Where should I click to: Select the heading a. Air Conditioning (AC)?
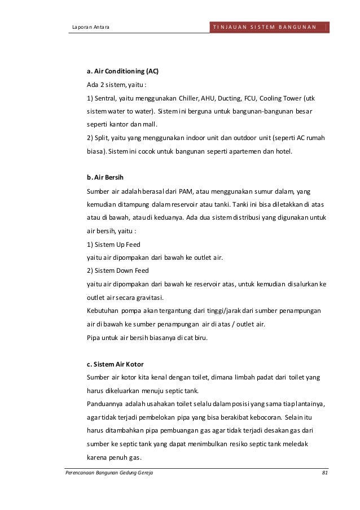tap(122, 72)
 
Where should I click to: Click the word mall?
tap(151, 125)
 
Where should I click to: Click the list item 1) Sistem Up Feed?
tap(113, 244)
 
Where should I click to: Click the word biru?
tap(200, 338)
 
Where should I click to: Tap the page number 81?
tap(324, 472)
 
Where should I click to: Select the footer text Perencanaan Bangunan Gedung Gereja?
tap(109, 472)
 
